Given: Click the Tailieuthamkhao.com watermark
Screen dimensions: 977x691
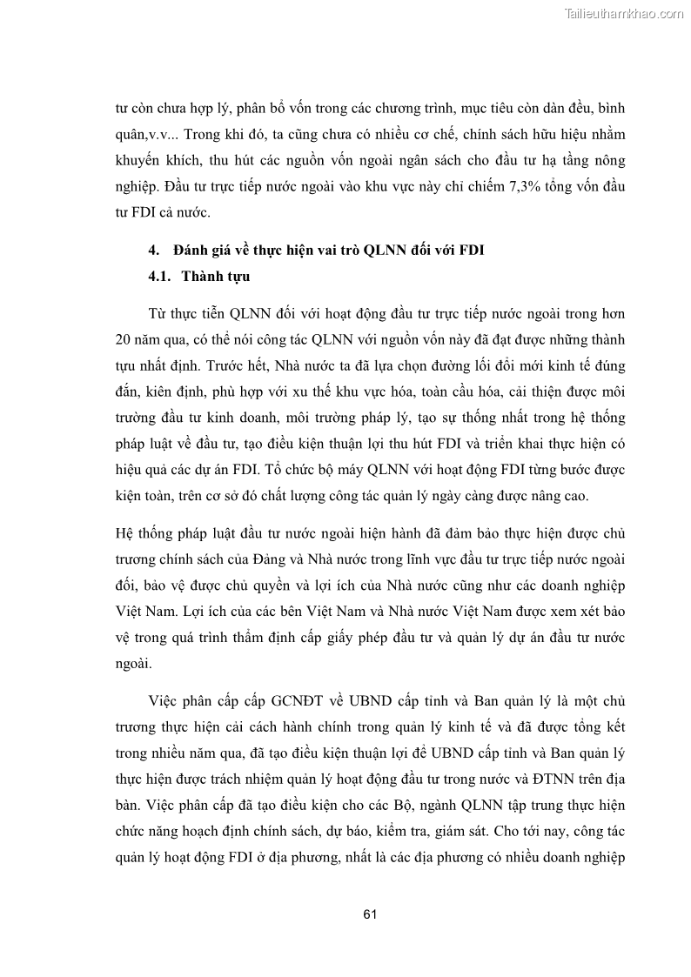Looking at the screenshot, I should pyautogui.click(x=625, y=13).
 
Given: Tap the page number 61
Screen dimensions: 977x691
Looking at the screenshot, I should pyautogui.click(x=369, y=914).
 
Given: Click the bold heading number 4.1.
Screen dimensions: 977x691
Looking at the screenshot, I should pyautogui.click(x=162, y=277).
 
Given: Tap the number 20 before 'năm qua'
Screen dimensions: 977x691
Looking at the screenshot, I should pyautogui.click(x=123, y=339).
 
